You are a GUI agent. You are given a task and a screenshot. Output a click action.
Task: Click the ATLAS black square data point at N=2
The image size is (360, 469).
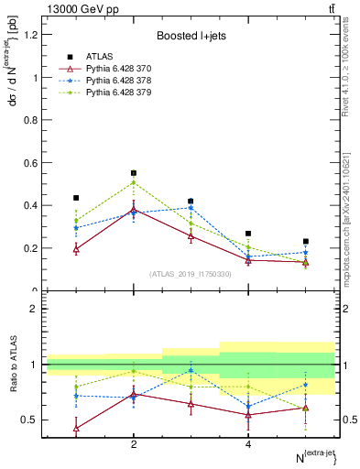tap(134, 173)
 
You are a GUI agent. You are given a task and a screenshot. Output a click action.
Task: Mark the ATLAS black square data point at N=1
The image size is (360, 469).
tap(76, 198)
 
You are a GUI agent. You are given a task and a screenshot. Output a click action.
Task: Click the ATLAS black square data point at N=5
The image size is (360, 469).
tap(306, 242)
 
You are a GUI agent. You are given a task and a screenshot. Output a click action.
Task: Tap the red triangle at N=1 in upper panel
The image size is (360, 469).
tap(76, 248)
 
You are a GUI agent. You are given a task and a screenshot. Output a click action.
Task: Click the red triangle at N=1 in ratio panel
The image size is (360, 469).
tap(76, 428)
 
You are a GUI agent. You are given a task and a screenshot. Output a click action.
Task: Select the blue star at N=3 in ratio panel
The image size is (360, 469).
tap(191, 371)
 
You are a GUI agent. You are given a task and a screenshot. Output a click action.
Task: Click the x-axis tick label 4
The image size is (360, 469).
tap(248, 445)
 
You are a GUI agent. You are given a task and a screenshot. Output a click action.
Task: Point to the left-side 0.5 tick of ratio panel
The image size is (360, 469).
tap(33, 420)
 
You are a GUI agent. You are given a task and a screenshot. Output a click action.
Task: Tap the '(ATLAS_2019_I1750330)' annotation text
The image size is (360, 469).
tap(190, 274)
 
